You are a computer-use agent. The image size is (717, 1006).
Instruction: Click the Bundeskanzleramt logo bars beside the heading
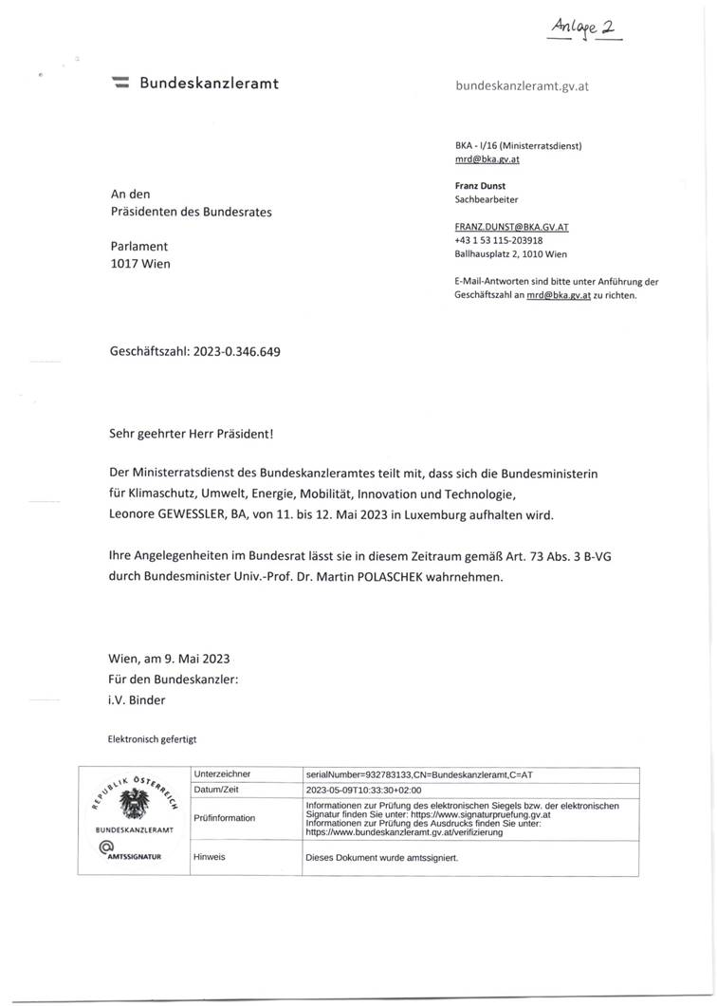[120, 84]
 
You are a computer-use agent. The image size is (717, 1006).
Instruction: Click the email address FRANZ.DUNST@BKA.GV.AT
[512, 228]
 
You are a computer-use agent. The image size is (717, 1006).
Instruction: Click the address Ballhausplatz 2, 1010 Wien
[511, 254]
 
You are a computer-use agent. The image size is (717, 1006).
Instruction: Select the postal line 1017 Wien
[140, 264]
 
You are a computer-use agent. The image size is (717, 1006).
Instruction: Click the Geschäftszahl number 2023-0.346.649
[236, 351]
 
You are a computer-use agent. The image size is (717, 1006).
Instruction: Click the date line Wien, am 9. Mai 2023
[170, 659]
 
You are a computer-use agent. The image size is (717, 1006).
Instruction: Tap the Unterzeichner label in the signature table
[222, 775]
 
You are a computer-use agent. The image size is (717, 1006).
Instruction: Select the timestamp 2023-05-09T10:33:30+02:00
[363, 789]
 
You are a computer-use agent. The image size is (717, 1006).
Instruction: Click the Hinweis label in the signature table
[211, 855]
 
